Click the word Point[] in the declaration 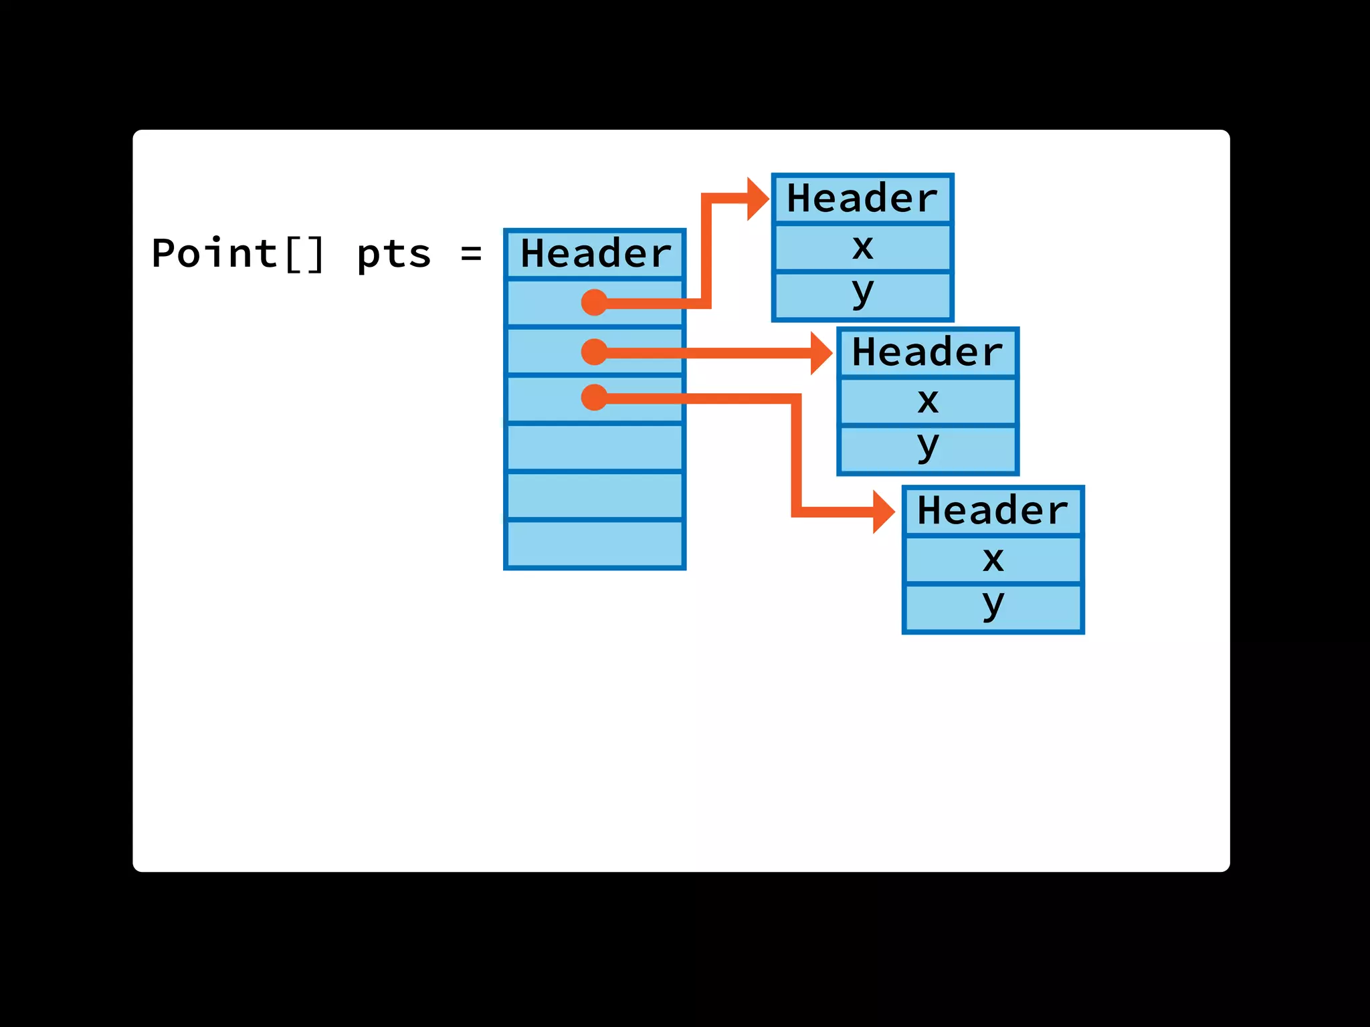click(x=238, y=254)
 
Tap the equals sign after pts click(x=471, y=254)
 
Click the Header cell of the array click(x=595, y=254)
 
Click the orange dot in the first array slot click(x=594, y=302)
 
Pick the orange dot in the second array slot click(x=594, y=352)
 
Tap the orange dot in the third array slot click(x=594, y=398)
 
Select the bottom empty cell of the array click(x=595, y=544)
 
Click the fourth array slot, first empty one click(x=595, y=447)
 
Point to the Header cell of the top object click(x=862, y=199)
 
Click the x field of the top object click(x=862, y=247)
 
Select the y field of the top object click(x=862, y=294)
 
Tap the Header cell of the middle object click(x=927, y=352)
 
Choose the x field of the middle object click(x=927, y=401)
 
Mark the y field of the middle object click(x=927, y=449)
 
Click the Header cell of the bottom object click(x=993, y=511)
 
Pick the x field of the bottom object click(x=993, y=560)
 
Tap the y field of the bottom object click(x=993, y=607)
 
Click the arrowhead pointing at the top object click(x=757, y=199)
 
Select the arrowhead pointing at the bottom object click(x=883, y=511)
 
